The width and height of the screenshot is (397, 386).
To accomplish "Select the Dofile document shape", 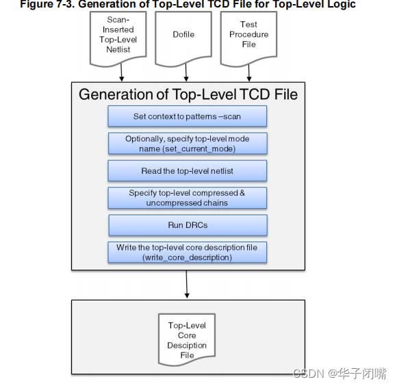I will [183, 36].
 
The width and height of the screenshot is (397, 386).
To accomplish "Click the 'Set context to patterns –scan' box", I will [187, 116].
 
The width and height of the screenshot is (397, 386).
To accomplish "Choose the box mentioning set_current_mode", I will [187, 143].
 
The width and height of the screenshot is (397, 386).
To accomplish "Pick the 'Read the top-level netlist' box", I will [187, 170].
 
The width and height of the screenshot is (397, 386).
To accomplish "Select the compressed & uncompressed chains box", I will [187, 198].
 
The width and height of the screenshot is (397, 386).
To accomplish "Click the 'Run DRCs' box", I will [187, 224].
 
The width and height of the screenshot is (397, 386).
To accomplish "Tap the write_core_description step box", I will [187, 252].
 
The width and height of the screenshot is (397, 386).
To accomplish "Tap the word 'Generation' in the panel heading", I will [114, 94].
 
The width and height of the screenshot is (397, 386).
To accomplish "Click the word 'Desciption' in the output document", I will [187, 346].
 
